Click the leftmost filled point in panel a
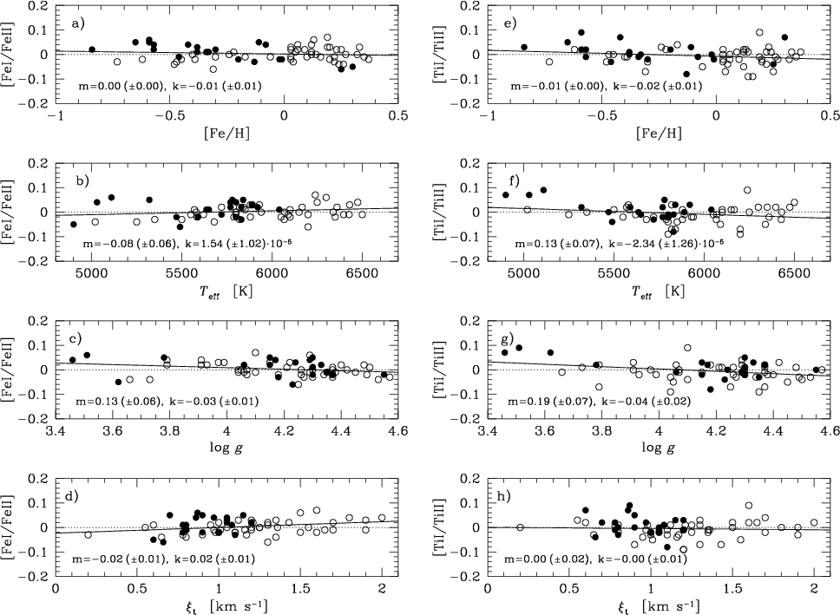(92, 49)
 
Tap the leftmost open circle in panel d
(89, 535)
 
